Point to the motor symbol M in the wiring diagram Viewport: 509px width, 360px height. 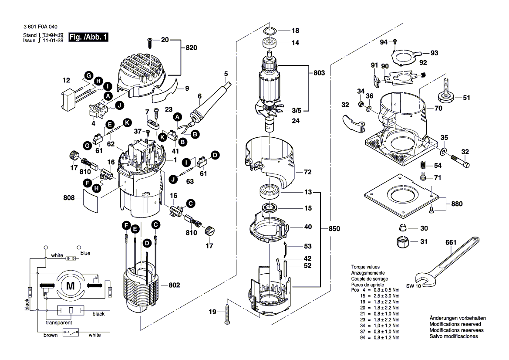coord(70,285)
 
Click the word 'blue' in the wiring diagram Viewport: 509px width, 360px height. coord(85,253)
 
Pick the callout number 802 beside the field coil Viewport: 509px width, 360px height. coord(174,285)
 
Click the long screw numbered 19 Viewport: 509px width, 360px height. coord(228,312)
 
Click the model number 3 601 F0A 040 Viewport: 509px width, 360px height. coord(42,27)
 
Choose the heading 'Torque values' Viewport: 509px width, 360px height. coord(365,266)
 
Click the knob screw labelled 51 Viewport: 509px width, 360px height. coord(446,93)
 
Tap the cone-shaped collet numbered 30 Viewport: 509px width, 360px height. coord(402,227)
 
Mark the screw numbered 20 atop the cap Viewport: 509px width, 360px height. coord(150,43)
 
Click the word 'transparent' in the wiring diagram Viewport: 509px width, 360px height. coord(59,323)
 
